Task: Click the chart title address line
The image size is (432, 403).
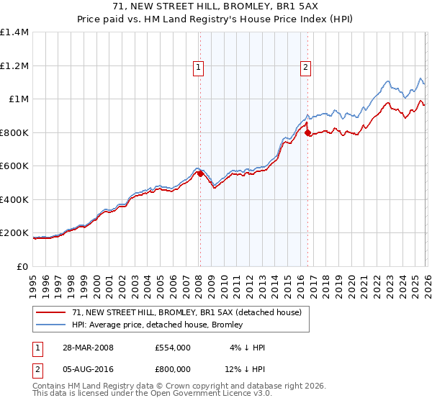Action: [216, 6]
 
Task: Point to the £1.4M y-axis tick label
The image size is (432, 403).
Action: [14, 32]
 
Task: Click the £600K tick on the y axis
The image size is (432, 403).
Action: [14, 166]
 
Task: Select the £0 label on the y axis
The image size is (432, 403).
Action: [22, 266]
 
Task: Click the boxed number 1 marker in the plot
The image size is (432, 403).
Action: [198, 68]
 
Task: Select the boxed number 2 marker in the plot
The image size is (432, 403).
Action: [305, 68]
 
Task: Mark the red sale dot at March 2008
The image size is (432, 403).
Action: [200, 173]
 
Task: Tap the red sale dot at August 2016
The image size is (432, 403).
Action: [307, 133]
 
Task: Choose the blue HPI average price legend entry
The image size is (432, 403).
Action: [157, 325]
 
